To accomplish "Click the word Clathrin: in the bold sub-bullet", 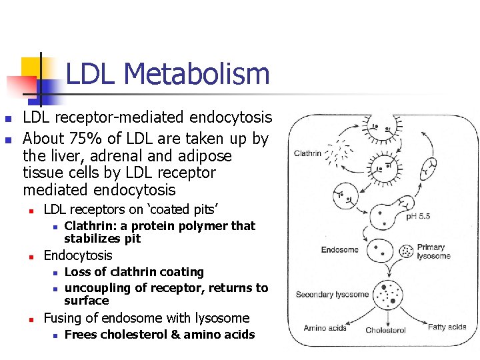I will click(90, 226).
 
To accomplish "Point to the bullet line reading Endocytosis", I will click(77, 255).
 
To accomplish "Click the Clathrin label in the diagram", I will click(307, 153).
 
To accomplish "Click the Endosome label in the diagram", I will click(339, 250).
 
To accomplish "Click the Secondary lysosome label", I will click(332, 295).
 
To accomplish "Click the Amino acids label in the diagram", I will click(325, 328).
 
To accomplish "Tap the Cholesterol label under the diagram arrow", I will click(385, 331).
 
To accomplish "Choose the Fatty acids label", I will click(447, 327).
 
